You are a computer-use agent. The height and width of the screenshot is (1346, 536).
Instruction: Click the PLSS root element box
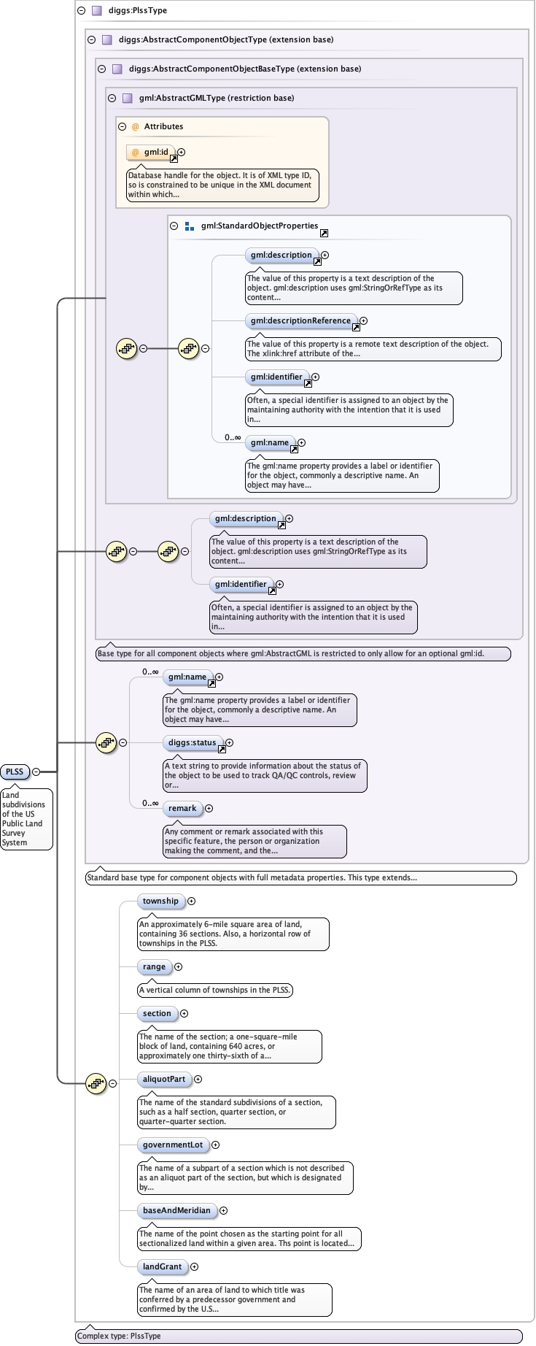click(15, 772)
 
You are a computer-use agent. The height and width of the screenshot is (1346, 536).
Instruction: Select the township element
click(160, 901)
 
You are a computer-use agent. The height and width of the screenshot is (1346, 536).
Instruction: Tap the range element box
click(154, 967)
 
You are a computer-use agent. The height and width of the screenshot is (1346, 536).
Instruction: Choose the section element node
click(157, 1014)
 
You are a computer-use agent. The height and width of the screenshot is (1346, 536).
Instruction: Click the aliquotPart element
click(164, 1080)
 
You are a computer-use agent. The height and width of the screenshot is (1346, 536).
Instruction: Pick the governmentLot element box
click(173, 1145)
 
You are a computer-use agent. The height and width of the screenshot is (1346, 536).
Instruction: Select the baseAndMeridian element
click(176, 1211)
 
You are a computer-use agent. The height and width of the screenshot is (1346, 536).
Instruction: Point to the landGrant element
click(162, 1267)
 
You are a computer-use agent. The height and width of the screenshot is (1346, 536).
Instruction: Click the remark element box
click(182, 809)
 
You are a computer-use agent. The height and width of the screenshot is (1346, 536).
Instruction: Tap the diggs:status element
click(193, 743)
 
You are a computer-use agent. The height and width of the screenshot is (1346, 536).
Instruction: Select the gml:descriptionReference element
click(300, 321)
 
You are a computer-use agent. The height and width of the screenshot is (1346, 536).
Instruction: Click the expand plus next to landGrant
click(194, 1267)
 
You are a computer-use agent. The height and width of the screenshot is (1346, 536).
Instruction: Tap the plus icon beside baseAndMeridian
click(223, 1211)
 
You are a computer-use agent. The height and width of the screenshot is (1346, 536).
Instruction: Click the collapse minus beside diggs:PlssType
click(82, 11)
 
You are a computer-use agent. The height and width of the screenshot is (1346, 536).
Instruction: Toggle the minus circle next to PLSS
click(36, 772)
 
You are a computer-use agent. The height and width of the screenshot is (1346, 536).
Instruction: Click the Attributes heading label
click(163, 127)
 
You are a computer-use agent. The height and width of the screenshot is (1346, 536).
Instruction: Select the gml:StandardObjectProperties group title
click(259, 226)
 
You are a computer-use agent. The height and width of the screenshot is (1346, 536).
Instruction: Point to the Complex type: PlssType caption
click(119, 1337)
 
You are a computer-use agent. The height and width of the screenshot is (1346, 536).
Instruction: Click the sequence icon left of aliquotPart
click(96, 1084)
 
